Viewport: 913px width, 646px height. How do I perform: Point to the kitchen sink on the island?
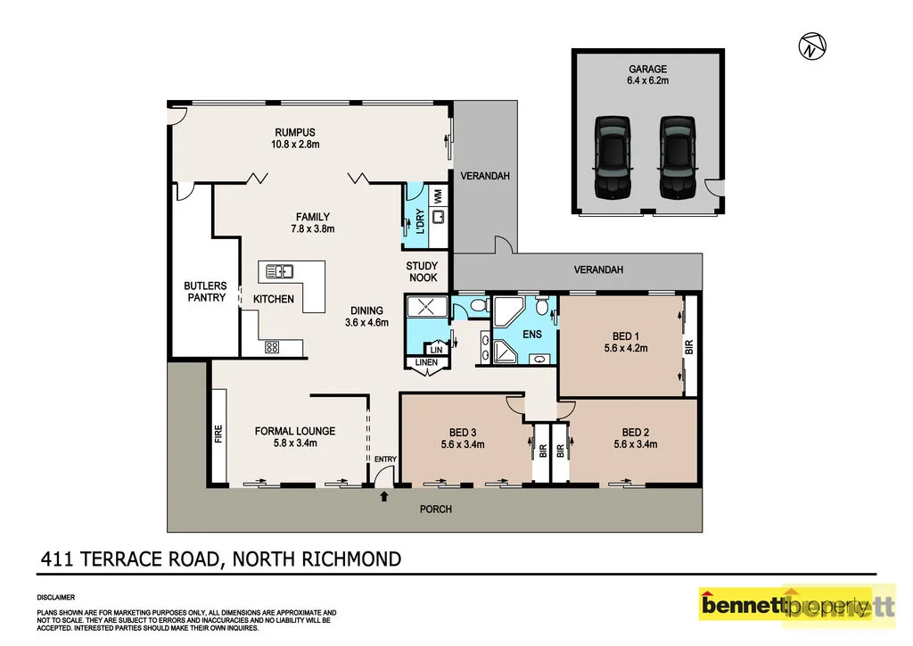279,271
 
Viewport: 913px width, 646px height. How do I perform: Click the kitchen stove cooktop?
273,348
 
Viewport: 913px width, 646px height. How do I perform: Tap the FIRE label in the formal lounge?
218,435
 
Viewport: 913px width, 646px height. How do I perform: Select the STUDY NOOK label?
422,271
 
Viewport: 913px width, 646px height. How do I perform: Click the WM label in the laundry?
438,193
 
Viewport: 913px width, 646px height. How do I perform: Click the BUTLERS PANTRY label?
205,292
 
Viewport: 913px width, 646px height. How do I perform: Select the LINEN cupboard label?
425,362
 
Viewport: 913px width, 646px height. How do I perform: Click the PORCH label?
437,509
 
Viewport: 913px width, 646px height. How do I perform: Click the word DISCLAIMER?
55,596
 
